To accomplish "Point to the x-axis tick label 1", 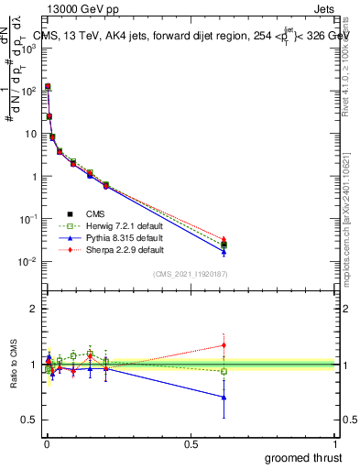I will [x=334, y=442].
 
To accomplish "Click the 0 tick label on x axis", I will [x=47, y=442].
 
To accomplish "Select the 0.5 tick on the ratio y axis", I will [x=31, y=420].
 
